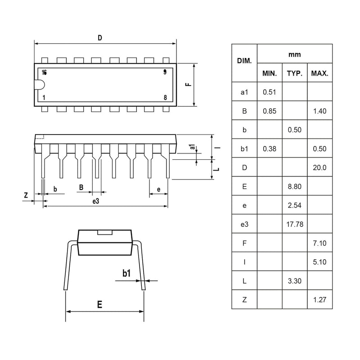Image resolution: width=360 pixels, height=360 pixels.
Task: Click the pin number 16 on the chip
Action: tap(44, 72)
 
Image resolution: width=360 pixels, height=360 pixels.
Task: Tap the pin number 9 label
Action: tap(165, 72)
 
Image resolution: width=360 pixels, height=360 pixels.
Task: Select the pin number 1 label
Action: tap(44, 97)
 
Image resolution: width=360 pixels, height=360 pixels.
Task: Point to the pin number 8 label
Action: tap(165, 97)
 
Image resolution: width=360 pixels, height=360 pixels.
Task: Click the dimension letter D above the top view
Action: tap(100, 38)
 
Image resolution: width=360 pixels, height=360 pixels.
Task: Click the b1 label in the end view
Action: tap(126, 273)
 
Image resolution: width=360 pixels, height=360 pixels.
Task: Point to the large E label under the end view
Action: tap(99, 304)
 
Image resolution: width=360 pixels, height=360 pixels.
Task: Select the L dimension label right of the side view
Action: tap(217, 169)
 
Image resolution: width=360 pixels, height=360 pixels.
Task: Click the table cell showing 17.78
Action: tap(294, 224)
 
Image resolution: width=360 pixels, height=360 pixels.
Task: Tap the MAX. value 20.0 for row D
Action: tap(319, 167)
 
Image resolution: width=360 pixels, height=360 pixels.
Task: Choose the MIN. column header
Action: tap(269, 73)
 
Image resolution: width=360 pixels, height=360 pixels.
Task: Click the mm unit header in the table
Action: tap(294, 54)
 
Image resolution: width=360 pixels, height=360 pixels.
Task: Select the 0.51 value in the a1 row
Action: tap(269, 92)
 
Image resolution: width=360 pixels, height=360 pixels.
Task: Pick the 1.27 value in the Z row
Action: tap(319, 300)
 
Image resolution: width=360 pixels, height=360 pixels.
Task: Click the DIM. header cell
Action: tap(244, 60)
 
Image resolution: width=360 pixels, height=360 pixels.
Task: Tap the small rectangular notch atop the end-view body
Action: tap(105, 232)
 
